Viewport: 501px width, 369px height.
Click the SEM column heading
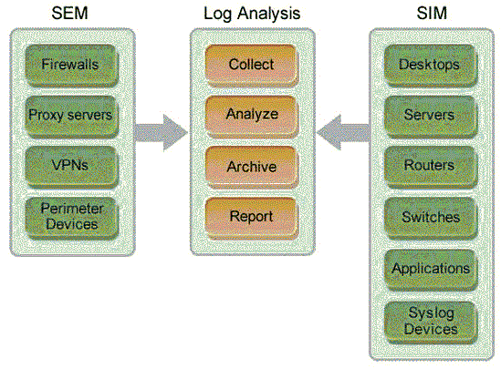click(x=69, y=13)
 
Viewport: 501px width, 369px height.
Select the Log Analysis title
click(x=252, y=13)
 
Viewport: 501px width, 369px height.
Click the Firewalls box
click(x=70, y=66)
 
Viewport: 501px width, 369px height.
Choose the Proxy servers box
click(x=70, y=116)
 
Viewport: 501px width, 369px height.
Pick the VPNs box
click(x=70, y=166)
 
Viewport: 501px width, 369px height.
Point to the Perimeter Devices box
click(x=70, y=216)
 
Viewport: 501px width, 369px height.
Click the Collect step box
click(x=251, y=66)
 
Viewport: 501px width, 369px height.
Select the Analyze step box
click(x=251, y=116)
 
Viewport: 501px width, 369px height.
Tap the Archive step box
click(x=251, y=167)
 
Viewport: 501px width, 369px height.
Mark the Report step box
click(x=251, y=217)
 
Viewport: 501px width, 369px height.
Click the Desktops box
click(x=430, y=66)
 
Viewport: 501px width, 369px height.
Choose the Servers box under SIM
click(x=430, y=116)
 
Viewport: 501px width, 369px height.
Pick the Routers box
click(x=430, y=166)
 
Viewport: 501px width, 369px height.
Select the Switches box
click(x=430, y=217)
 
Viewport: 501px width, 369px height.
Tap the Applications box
click(x=430, y=268)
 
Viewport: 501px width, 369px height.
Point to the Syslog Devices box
click(x=430, y=320)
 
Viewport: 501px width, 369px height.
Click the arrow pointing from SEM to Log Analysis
click(x=161, y=132)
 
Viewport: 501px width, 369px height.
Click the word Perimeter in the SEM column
click(x=70, y=209)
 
